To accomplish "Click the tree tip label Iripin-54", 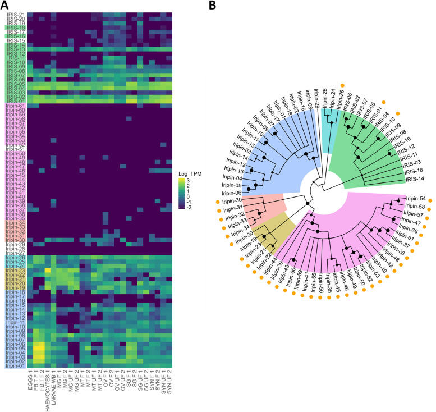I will [415, 199].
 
